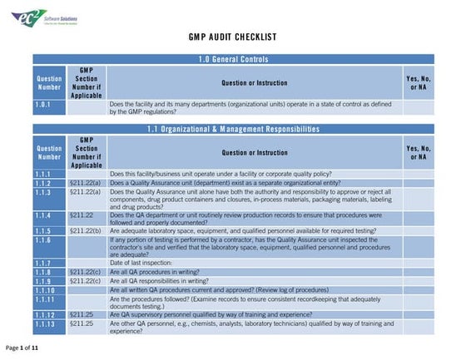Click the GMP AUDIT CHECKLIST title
(x=233, y=37)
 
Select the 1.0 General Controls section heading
(x=233, y=59)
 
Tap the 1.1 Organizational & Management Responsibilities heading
(x=233, y=129)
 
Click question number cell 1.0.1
(x=49, y=105)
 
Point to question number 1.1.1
(x=49, y=173)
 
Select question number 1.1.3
(x=49, y=192)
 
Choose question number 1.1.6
(x=49, y=240)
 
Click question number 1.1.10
(x=49, y=289)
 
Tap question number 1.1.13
(x=49, y=323)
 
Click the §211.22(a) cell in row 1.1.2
(x=85, y=182)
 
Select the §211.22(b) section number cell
(x=85, y=230)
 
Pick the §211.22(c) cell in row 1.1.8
(x=85, y=272)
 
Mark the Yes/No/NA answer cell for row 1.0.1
(x=418, y=108)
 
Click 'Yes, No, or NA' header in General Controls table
(x=418, y=82)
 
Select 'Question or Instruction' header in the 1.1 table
(x=254, y=152)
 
